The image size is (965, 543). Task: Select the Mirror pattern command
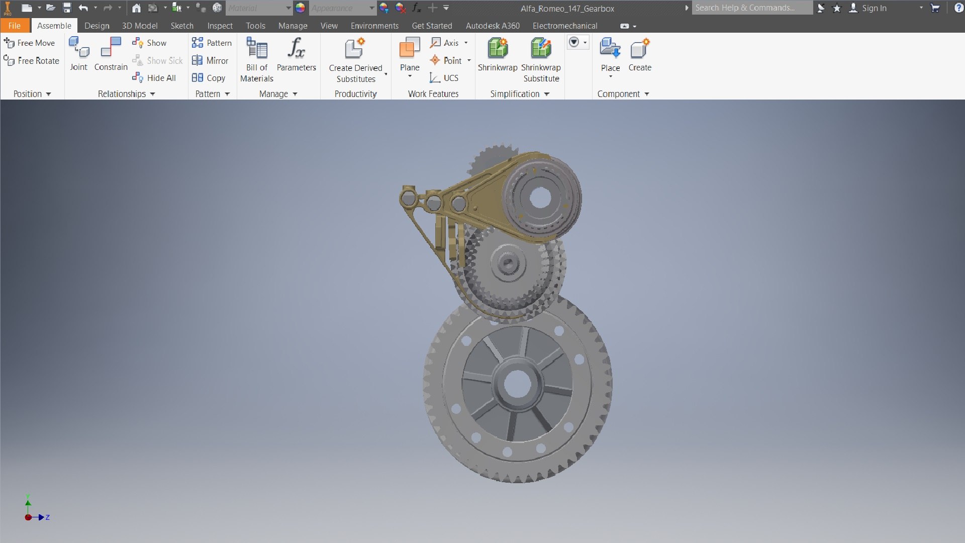tap(211, 60)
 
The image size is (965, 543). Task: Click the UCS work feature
tap(444, 78)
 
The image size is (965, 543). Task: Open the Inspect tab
tap(220, 26)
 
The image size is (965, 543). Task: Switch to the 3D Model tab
tap(140, 26)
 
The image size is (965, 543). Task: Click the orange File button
tap(15, 26)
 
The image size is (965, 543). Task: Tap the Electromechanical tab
tap(565, 26)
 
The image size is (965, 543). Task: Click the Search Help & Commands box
tap(751, 8)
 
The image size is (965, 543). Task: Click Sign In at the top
tap(874, 8)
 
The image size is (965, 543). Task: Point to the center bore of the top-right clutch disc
tap(540, 198)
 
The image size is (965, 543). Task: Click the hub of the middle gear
tap(507, 263)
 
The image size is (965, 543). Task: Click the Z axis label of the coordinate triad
tap(48, 517)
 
